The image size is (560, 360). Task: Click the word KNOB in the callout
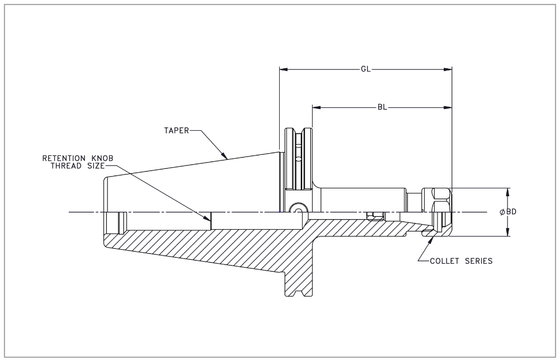(x=103, y=159)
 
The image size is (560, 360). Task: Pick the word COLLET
(x=444, y=261)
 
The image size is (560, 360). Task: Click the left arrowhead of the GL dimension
(x=283, y=70)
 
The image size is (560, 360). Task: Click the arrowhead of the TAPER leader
(x=225, y=157)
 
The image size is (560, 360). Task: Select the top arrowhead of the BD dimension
(x=508, y=191)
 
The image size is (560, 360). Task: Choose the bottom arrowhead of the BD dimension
(x=508, y=233)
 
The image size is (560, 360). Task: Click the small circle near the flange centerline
(x=297, y=209)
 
